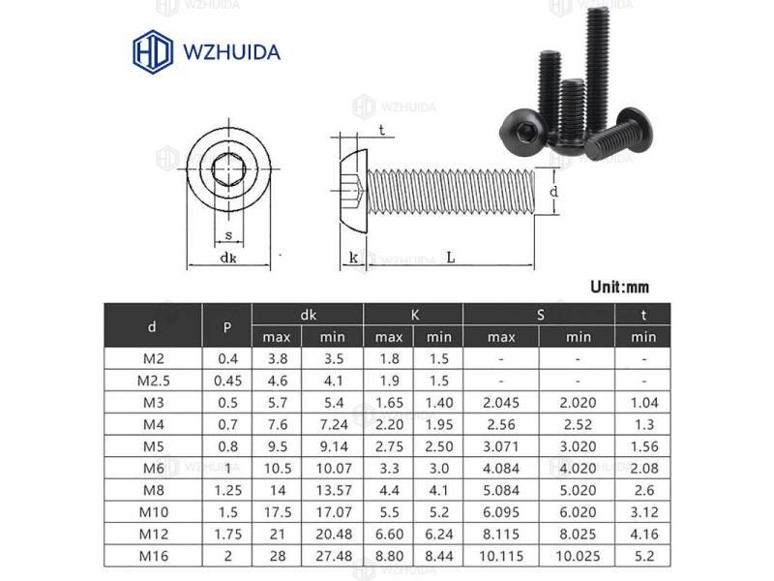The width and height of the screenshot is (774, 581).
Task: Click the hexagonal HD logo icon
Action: click(x=152, y=50)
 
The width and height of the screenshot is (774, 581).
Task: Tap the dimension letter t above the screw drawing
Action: click(x=382, y=130)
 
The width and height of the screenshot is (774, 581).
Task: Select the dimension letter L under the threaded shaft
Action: click(x=452, y=258)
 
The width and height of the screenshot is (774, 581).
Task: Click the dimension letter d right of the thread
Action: click(x=553, y=192)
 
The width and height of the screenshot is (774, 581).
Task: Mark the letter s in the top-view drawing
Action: click(x=228, y=234)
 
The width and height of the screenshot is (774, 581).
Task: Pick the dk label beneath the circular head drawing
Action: click(x=228, y=258)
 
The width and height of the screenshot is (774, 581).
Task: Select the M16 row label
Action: click(x=152, y=556)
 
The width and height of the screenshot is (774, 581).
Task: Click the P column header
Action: click(x=226, y=326)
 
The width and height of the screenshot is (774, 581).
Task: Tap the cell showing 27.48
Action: click(x=331, y=556)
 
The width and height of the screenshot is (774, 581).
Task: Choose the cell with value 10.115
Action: click(x=500, y=556)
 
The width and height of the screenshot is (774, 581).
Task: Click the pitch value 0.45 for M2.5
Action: click(x=226, y=380)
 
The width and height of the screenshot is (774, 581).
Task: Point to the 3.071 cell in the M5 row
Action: click(x=500, y=445)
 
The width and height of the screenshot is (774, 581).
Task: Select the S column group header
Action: click(x=539, y=314)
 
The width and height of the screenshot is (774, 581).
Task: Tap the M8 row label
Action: click(x=152, y=490)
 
